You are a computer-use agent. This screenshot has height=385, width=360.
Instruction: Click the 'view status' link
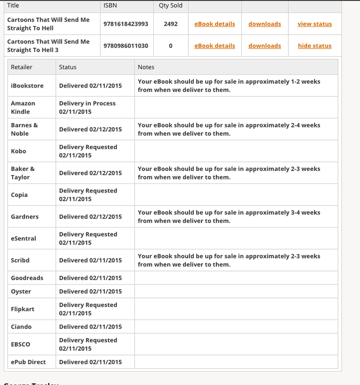coord(314,24)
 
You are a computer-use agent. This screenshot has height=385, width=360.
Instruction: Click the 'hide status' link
coord(314,46)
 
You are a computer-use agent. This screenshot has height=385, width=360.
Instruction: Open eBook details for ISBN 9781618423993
coord(214,24)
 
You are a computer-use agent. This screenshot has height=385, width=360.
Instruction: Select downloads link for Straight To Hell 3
coord(264,46)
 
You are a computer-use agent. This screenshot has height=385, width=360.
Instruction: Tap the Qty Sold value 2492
coord(171,24)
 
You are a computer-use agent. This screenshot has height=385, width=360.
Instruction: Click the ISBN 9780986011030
coord(125,46)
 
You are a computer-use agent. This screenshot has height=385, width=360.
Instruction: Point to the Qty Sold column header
coord(171,6)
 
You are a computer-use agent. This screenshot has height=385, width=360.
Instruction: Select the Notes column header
coord(146,67)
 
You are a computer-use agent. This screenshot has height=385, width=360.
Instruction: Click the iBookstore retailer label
coord(27,86)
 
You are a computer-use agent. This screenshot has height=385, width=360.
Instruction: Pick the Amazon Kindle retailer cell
coord(23,107)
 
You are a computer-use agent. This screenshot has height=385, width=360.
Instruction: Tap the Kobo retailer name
coord(18,151)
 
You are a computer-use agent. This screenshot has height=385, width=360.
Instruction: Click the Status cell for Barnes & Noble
coord(90,129)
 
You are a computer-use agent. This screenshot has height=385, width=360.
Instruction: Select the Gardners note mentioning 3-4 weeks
coord(229,217)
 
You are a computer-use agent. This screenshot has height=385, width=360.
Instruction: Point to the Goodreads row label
coord(27,278)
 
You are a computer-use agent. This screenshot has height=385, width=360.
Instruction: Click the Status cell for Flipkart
coord(88,309)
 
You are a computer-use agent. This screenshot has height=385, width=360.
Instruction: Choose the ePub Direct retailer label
coord(28,362)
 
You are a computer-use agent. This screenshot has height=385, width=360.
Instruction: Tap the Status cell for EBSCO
coord(88,344)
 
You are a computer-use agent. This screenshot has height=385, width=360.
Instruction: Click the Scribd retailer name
coord(20,260)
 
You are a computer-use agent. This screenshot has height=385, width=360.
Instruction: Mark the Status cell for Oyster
coord(90,291)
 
